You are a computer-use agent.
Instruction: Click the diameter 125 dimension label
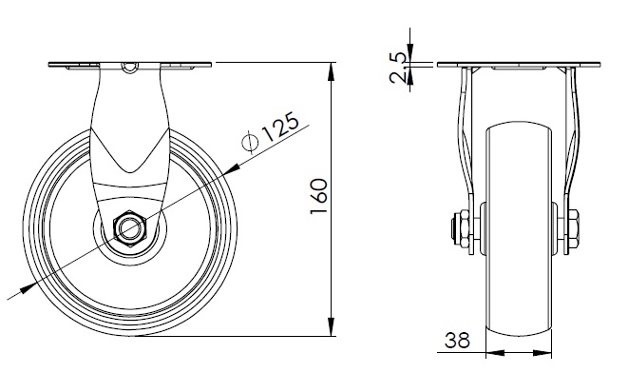271,132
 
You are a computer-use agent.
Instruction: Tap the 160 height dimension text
319,197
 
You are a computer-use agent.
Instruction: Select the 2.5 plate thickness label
398,68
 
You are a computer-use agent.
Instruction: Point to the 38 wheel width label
457,341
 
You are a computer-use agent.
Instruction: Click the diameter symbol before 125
250,142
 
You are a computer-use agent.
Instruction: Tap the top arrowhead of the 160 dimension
332,71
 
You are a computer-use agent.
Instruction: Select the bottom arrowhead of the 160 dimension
332,327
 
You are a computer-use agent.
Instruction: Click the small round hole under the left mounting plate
130,68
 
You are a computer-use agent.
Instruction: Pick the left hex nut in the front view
465,228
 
